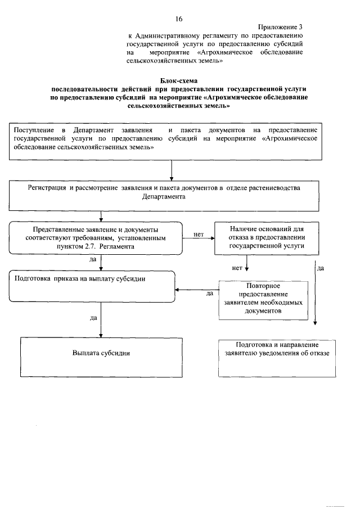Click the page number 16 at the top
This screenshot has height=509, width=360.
[179, 19]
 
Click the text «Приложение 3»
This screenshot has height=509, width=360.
[281, 27]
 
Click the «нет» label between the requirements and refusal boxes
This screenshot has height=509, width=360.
[198, 234]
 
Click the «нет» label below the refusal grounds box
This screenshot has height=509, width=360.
[237, 268]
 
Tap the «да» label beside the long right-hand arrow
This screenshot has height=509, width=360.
[321, 268]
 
